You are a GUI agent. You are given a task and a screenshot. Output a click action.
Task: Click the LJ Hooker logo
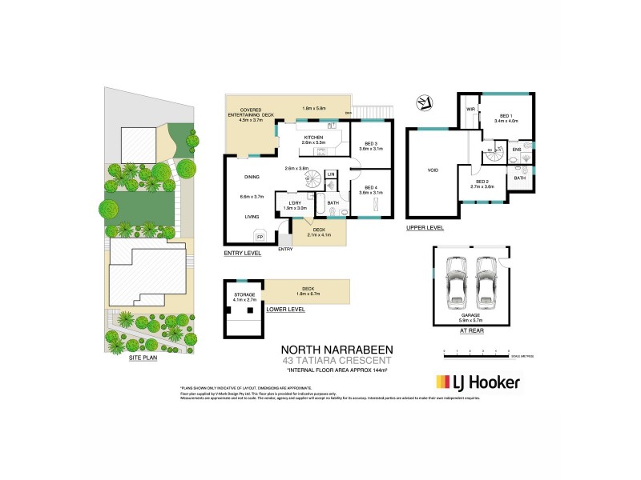coord(477,382)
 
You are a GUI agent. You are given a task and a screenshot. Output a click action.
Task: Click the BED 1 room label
coord(510,117)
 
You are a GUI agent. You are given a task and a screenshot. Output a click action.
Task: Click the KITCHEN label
coord(312,138)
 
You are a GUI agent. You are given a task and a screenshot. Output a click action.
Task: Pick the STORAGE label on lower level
coord(244,295)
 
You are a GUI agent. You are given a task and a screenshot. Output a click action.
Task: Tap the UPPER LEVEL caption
coord(425,227)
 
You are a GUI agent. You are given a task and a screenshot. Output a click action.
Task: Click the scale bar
coord(477,353)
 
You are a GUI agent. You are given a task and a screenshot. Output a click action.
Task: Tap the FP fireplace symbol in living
coord(260,237)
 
